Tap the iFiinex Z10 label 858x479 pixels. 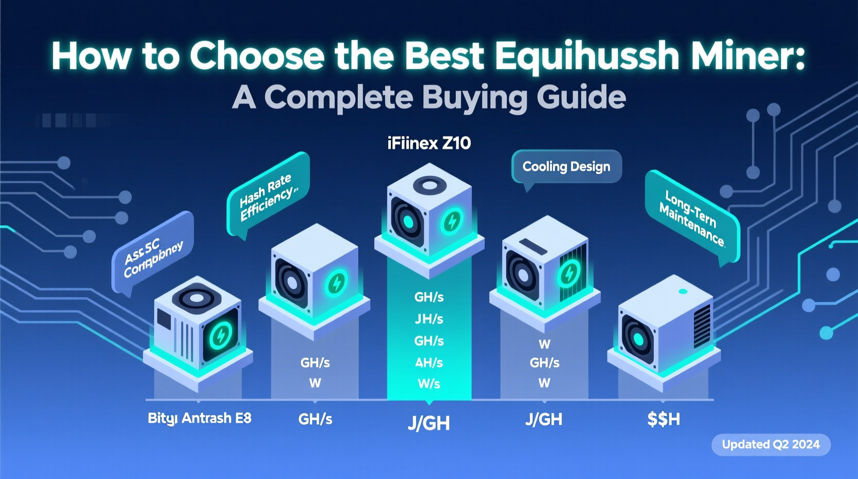click(x=429, y=143)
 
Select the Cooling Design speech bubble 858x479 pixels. click(x=566, y=167)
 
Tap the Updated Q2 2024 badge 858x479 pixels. click(x=770, y=444)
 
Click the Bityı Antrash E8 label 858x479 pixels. click(x=200, y=418)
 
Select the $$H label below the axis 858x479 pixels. click(x=663, y=419)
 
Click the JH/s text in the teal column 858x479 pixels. click(x=429, y=319)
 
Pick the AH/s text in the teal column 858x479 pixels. click(x=429, y=363)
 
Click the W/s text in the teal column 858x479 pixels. click(x=429, y=384)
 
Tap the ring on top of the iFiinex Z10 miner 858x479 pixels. click(x=430, y=185)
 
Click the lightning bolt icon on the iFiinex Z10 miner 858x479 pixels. click(x=452, y=222)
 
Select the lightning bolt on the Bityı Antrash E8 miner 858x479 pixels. click(x=220, y=336)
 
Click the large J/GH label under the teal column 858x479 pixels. click(x=429, y=424)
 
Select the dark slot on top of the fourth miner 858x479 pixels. click(x=533, y=247)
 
